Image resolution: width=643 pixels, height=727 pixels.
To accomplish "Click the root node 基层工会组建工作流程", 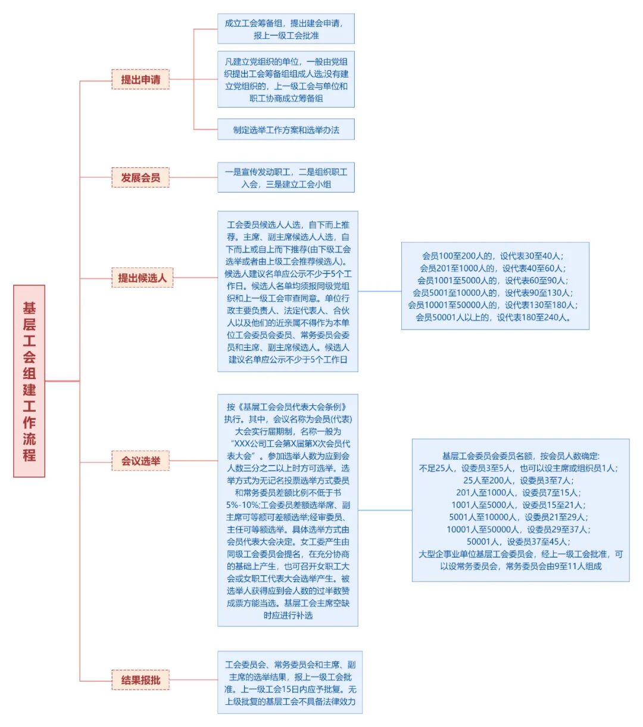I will point(29,381).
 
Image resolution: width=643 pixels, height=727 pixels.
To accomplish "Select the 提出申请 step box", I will point(141,79).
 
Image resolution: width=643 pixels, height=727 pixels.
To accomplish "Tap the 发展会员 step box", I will point(141,178).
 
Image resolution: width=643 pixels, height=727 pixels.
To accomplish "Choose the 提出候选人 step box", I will point(142,278).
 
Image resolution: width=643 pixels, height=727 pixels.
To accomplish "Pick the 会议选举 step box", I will point(141,461).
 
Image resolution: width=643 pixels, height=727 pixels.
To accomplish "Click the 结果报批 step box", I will point(141,680).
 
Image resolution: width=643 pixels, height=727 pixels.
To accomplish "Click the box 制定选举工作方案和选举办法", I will point(286,129).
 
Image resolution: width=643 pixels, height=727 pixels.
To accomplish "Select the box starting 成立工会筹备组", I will point(286,29).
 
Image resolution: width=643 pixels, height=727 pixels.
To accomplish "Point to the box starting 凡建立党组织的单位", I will point(286,79).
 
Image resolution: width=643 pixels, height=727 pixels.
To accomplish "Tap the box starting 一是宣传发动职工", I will point(286,178).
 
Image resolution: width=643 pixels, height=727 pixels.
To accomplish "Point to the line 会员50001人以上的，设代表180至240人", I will point(494,317).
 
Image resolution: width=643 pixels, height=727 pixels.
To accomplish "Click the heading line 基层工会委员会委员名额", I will point(520,456).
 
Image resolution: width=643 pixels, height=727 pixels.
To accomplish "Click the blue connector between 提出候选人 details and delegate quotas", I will point(380,291).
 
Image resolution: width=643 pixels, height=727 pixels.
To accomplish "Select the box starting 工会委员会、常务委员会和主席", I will point(290,682).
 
